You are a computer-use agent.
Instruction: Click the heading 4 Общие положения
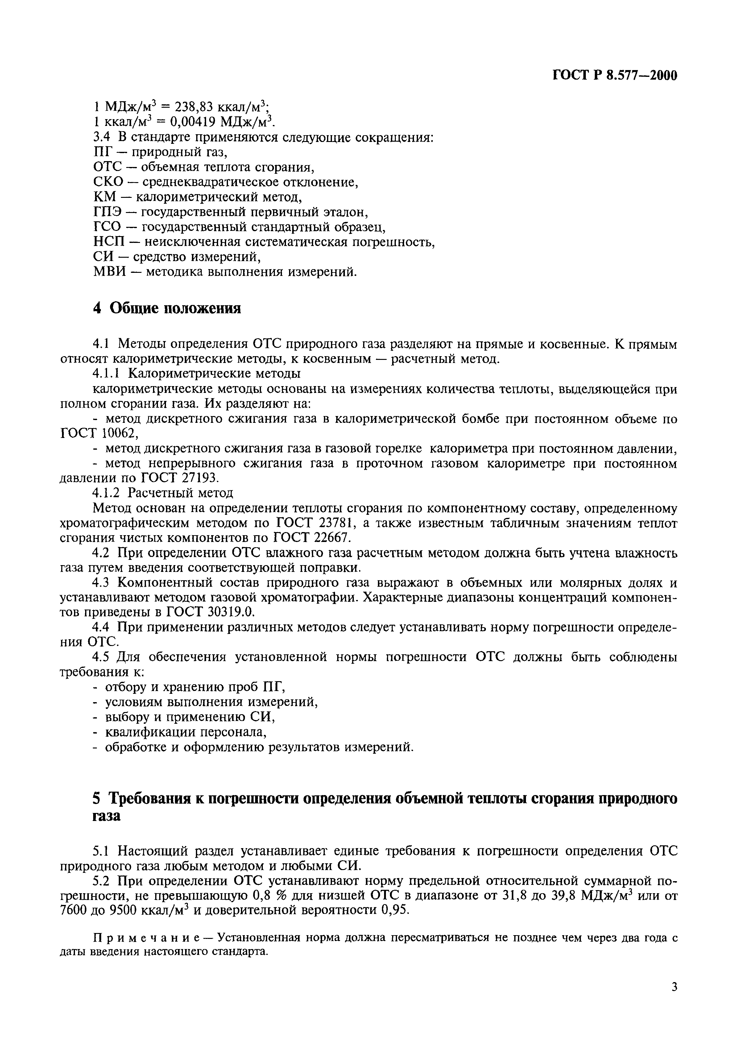click(x=167, y=309)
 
